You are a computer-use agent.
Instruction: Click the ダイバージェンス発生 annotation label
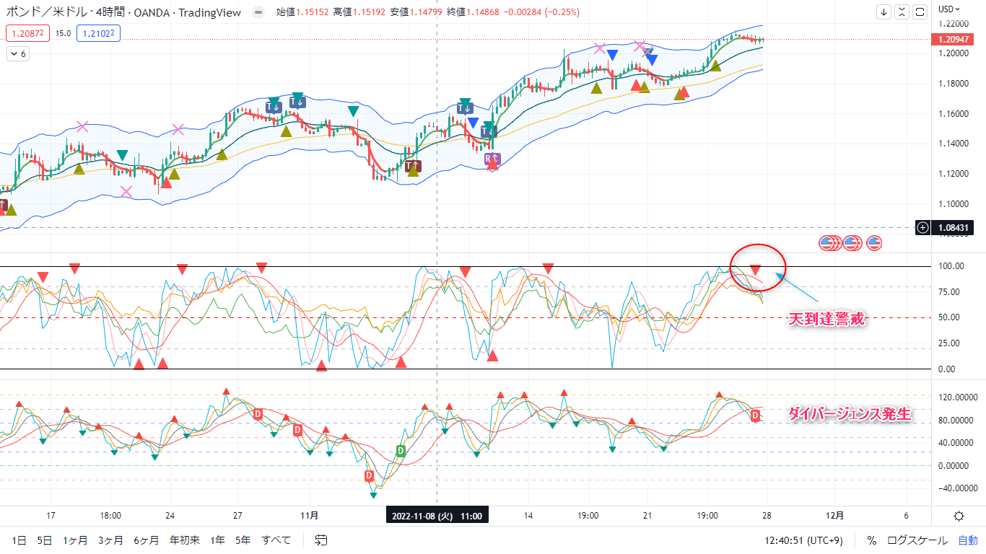[x=849, y=414]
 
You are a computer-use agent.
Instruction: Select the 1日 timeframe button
[x=19, y=540]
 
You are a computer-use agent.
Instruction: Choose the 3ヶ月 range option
[x=110, y=540]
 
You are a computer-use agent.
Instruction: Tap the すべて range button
[x=276, y=540]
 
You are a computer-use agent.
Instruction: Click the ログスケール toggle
[x=917, y=540]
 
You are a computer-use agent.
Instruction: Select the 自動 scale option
[x=968, y=540]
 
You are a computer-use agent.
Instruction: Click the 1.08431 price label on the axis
[x=953, y=228]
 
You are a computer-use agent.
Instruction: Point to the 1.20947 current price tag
[x=953, y=39]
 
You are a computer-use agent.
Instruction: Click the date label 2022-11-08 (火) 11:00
[x=437, y=516]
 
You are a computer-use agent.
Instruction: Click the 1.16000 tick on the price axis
[x=954, y=114]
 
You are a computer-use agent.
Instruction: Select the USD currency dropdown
[x=948, y=9]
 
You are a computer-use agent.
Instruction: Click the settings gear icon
[x=959, y=516]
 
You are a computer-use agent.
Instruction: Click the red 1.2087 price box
[x=27, y=32]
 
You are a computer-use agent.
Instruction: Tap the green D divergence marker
[x=401, y=451]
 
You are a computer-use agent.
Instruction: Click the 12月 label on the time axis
[x=834, y=516]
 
